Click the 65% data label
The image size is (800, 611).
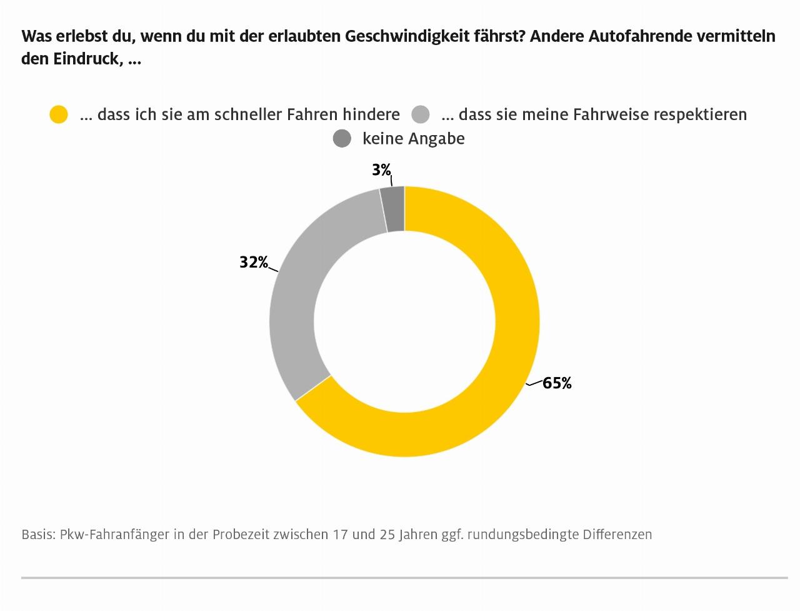557,383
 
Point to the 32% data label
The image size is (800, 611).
254,263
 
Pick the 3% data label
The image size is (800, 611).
381,170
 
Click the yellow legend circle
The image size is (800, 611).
59,114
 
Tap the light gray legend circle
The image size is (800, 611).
421,114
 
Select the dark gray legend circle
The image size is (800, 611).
342,138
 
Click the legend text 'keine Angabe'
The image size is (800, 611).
413,138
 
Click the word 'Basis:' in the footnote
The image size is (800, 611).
38,535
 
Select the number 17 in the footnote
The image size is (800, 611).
341,535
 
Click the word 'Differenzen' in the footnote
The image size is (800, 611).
617,535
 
